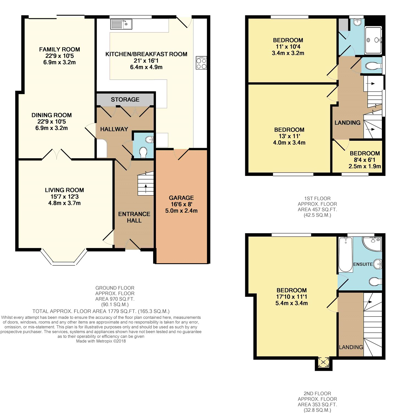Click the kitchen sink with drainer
(x=121, y=24)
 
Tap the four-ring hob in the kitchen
(x=201, y=63)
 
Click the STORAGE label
(x=125, y=99)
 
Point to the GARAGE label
(x=181, y=198)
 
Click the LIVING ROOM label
(x=64, y=190)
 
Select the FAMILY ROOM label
(x=59, y=49)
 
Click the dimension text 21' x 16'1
(x=146, y=61)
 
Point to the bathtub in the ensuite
(x=346, y=254)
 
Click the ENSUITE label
(x=363, y=264)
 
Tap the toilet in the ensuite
(x=375, y=281)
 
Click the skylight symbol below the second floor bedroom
(x=323, y=362)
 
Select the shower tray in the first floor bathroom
(x=373, y=40)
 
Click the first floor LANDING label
(x=347, y=123)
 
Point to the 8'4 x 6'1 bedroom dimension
(x=365, y=160)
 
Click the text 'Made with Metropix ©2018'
(x=101, y=341)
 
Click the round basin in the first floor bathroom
(x=357, y=22)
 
